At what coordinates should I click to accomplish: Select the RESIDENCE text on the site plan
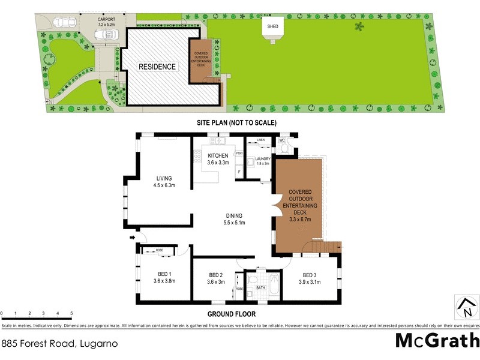(158, 67)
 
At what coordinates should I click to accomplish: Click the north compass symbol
(465, 307)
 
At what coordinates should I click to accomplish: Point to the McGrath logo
(437, 340)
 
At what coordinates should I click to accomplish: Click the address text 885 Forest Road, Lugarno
(59, 344)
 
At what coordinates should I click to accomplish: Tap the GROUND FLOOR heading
(232, 314)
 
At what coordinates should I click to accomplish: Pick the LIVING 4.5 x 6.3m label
(164, 182)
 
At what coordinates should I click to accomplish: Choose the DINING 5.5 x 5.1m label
(235, 219)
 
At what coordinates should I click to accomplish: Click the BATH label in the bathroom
(260, 288)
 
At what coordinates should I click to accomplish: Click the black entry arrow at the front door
(133, 238)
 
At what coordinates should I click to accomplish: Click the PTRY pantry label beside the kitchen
(239, 153)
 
